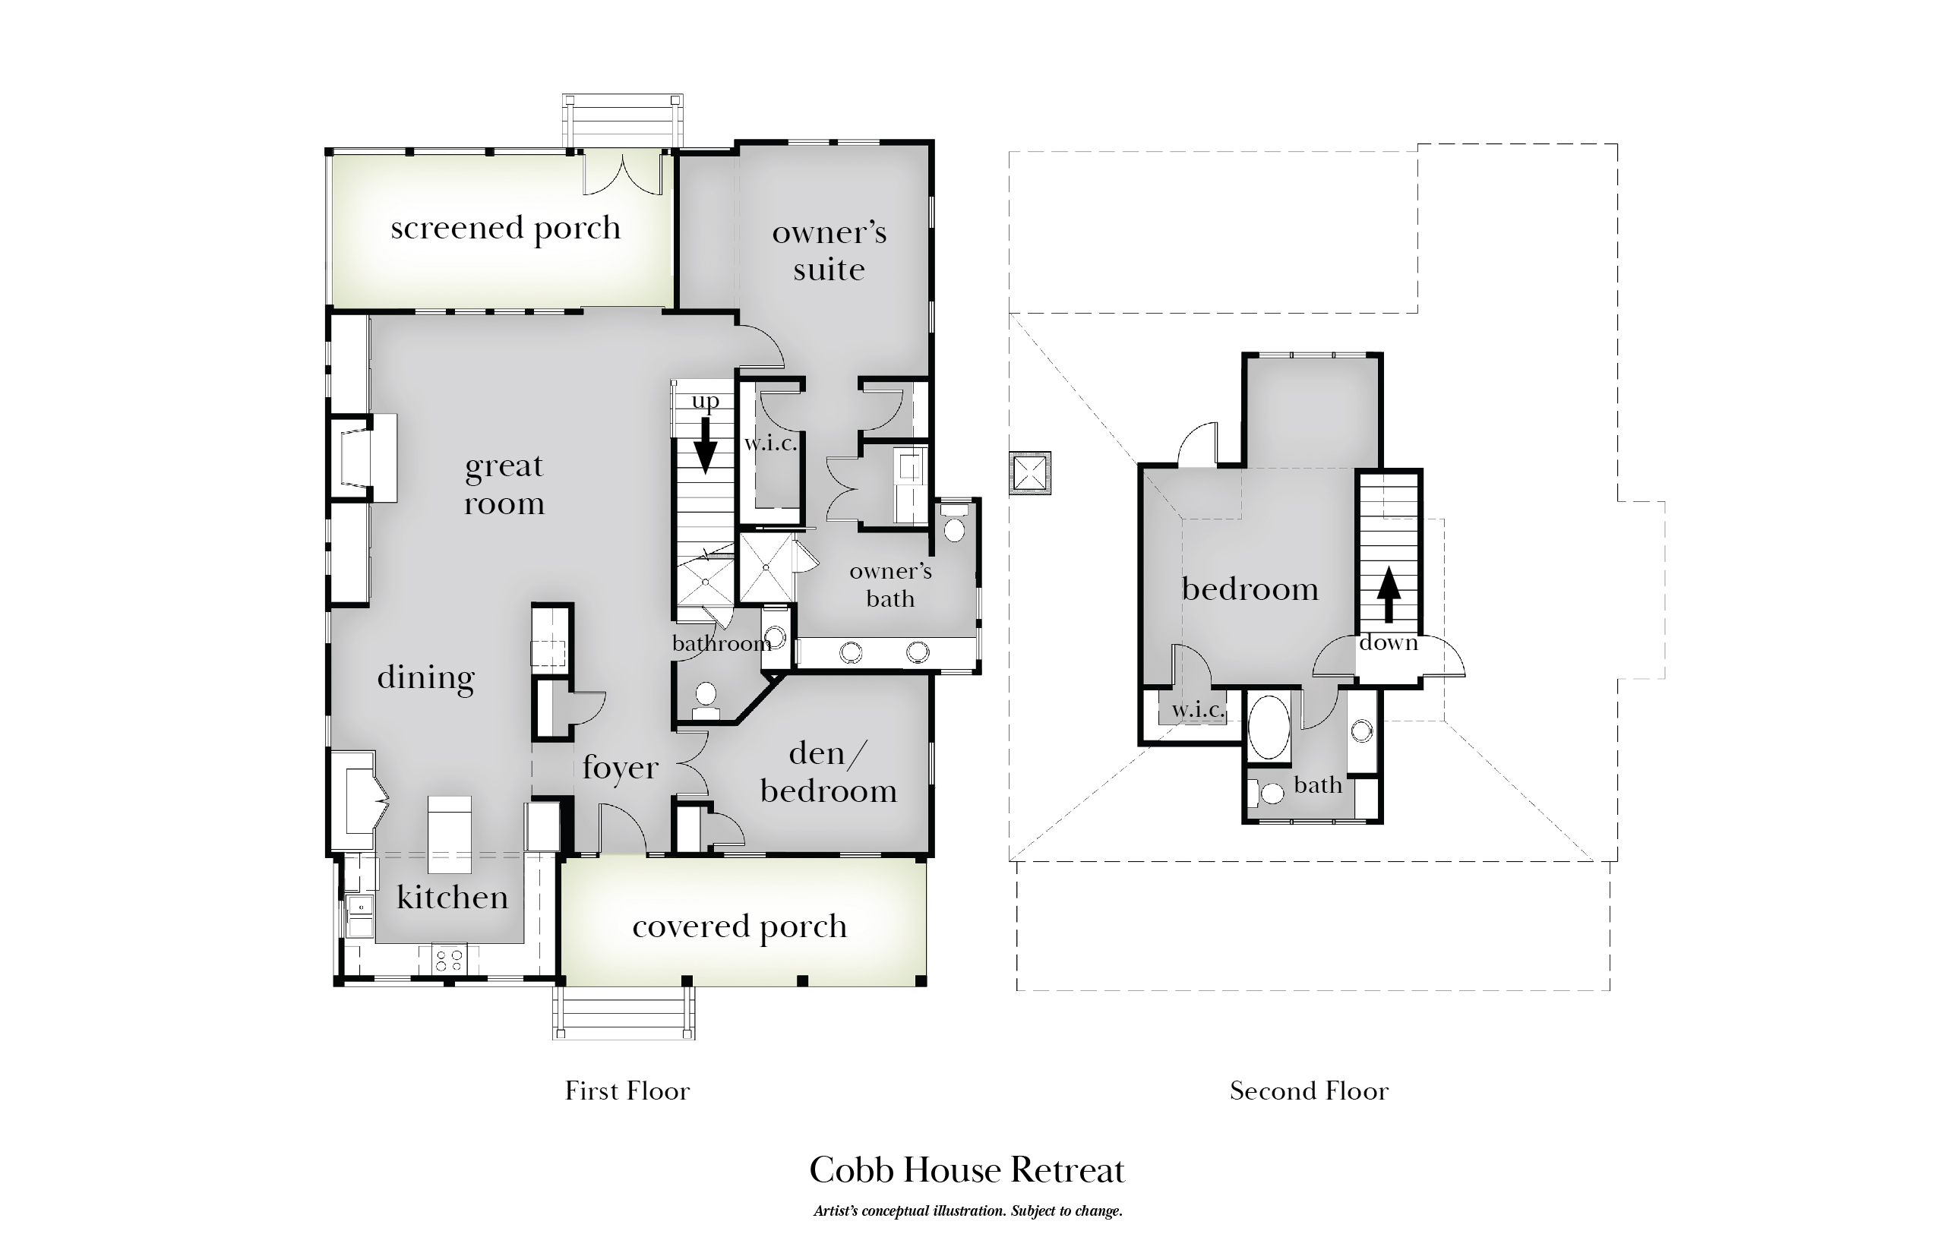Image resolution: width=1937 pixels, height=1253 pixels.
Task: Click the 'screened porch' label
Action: (505, 229)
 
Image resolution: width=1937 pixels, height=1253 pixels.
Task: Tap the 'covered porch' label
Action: (740, 926)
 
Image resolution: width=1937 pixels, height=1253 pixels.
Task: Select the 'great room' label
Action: (504, 485)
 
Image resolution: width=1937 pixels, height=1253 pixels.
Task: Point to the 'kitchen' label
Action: (453, 897)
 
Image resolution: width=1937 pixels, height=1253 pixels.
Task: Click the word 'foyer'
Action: (620, 767)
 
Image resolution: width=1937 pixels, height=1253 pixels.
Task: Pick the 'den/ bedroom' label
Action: (829, 772)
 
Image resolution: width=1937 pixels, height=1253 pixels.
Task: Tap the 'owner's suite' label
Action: (829, 251)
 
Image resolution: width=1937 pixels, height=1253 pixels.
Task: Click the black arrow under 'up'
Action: (705, 445)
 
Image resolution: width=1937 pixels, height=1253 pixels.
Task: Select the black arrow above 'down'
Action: (1389, 595)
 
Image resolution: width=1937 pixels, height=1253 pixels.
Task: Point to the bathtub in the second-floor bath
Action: (1269, 727)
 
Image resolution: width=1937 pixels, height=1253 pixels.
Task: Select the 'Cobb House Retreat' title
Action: (967, 1170)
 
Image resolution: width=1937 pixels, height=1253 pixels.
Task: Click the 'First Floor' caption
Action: (627, 1090)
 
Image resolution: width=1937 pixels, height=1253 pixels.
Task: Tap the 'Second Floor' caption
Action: (1309, 1090)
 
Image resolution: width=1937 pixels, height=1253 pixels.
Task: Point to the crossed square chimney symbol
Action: (1029, 472)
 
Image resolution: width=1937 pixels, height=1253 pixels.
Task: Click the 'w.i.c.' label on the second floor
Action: (1198, 709)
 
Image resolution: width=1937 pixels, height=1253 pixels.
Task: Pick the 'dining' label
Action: (425, 677)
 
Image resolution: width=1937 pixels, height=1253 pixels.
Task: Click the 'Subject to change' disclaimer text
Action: (1066, 1211)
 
